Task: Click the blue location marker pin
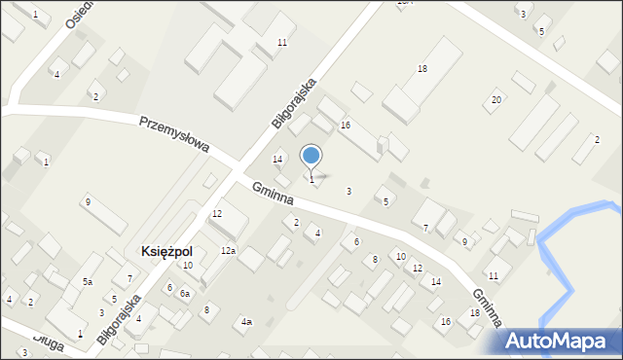pos(311,156)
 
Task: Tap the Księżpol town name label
pos(166,250)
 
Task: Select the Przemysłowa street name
pos(175,135)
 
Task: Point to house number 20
pos(496,100)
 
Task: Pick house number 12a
pos(228,251)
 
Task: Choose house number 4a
pos(247,321)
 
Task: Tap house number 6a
pos(185,293)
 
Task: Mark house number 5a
pos(88,281)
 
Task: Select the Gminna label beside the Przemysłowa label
pos(274,195)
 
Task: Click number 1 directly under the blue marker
pos(311,179)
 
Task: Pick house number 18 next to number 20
pos(422,69)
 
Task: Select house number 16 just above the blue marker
pos(345,126)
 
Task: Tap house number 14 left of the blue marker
pos(277,159)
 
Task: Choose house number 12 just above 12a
pos(217,213)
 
